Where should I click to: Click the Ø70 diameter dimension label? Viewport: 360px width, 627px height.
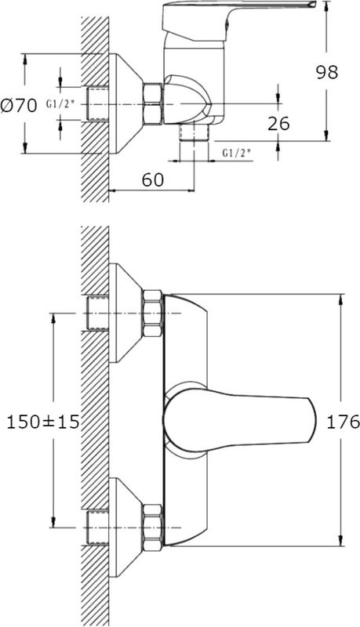pos(19,106)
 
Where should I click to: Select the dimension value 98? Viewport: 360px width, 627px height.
pos(327,72)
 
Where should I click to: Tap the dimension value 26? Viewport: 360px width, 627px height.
pos(278,124)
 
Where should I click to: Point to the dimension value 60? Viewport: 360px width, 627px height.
pos(153,180)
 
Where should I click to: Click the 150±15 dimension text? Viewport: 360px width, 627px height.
pos(43,422)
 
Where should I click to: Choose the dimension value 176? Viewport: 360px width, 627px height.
pos(344,422)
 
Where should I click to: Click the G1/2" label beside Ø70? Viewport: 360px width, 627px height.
pos(60,104)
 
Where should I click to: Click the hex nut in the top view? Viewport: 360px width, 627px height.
pos(153,104)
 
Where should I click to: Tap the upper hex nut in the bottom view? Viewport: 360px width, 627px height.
pos(153,313)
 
